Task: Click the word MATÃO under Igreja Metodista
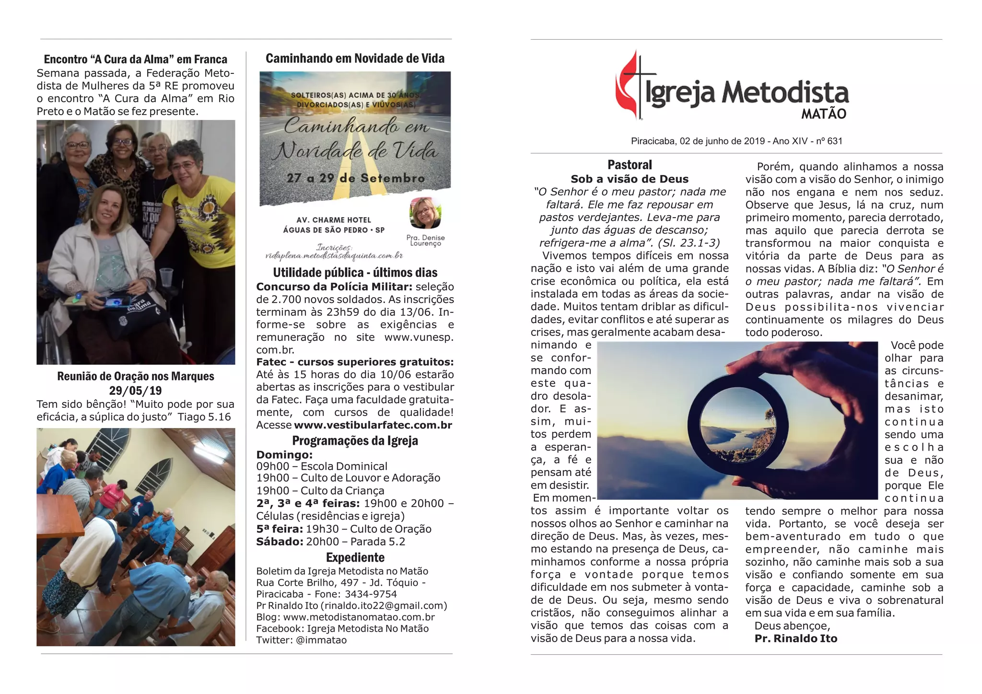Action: point(823,114)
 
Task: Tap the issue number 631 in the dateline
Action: point(835,141)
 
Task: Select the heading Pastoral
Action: point(630,165)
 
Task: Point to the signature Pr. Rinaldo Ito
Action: point(795,638)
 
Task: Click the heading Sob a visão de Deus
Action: point(629,179)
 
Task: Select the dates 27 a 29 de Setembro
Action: point(355,178)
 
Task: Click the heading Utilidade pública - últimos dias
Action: point(355,273)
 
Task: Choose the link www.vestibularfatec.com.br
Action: point(373,425)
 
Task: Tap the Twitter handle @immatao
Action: point(321,640)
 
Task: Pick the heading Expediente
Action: point(355,557)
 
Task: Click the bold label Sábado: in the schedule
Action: point(279,542)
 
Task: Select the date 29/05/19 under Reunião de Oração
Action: point(135,391)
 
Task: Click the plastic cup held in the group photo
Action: point(166,277)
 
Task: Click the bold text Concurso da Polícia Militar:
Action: point(334,287)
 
